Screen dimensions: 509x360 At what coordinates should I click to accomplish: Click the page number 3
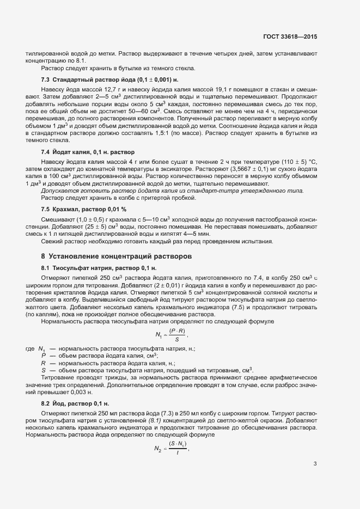[x=315, y=464]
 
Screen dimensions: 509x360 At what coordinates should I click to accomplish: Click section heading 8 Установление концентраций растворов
[x=117, y=256]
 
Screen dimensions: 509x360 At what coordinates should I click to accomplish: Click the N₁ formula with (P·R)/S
[x=178, y=334]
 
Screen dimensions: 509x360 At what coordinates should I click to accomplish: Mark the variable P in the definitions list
[x=44, y=355]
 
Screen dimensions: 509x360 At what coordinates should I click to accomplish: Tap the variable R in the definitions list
[x=44, y=363]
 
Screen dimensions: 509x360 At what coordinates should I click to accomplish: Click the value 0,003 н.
[x=52, y=391]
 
